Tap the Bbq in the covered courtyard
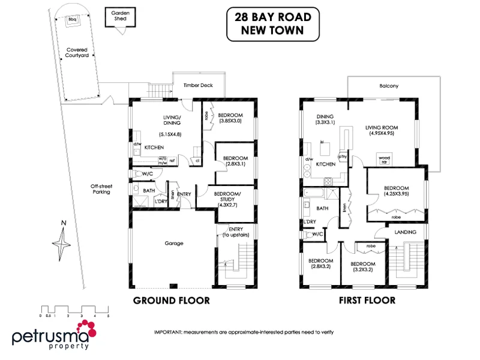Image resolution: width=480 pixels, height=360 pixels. (74, 19)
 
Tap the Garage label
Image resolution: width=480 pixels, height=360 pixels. (173, 243)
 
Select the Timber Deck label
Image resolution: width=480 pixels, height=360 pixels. (198, 86)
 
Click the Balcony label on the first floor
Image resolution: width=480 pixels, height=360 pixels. (389, 86)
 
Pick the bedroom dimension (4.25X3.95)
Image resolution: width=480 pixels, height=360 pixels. (396, 194)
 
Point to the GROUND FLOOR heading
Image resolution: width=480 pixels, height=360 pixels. (171, 300)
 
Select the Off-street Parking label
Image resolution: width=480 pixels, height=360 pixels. (101, 189)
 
